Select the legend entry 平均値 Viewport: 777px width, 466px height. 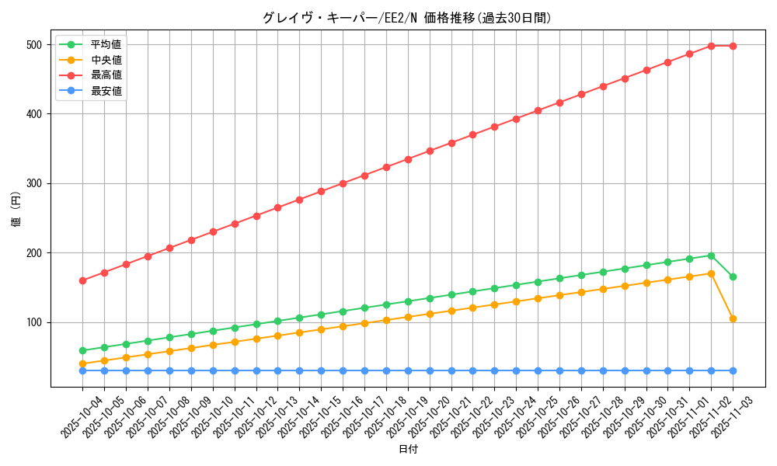[x=106, y=44]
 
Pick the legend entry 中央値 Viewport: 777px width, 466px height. [x=106, y=60]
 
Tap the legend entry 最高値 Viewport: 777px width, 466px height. [x=106, y=75]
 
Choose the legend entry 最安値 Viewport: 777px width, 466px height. [x=106, y=91]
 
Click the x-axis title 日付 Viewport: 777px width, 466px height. [x=407, y=450]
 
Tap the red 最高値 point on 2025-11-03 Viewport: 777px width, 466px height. [x=733, y=46]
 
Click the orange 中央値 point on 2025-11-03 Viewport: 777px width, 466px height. [x=733, y=318]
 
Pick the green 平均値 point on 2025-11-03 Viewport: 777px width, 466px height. [x=733, y=276]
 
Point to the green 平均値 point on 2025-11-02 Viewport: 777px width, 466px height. [x=711, y=256]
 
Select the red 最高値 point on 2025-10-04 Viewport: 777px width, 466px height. [x=82, y=280]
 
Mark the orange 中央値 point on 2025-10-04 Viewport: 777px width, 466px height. [x=82, y=363]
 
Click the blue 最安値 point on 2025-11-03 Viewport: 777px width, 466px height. [x=733, y=370]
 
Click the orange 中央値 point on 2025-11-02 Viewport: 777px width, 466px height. [x=711, y=273]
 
